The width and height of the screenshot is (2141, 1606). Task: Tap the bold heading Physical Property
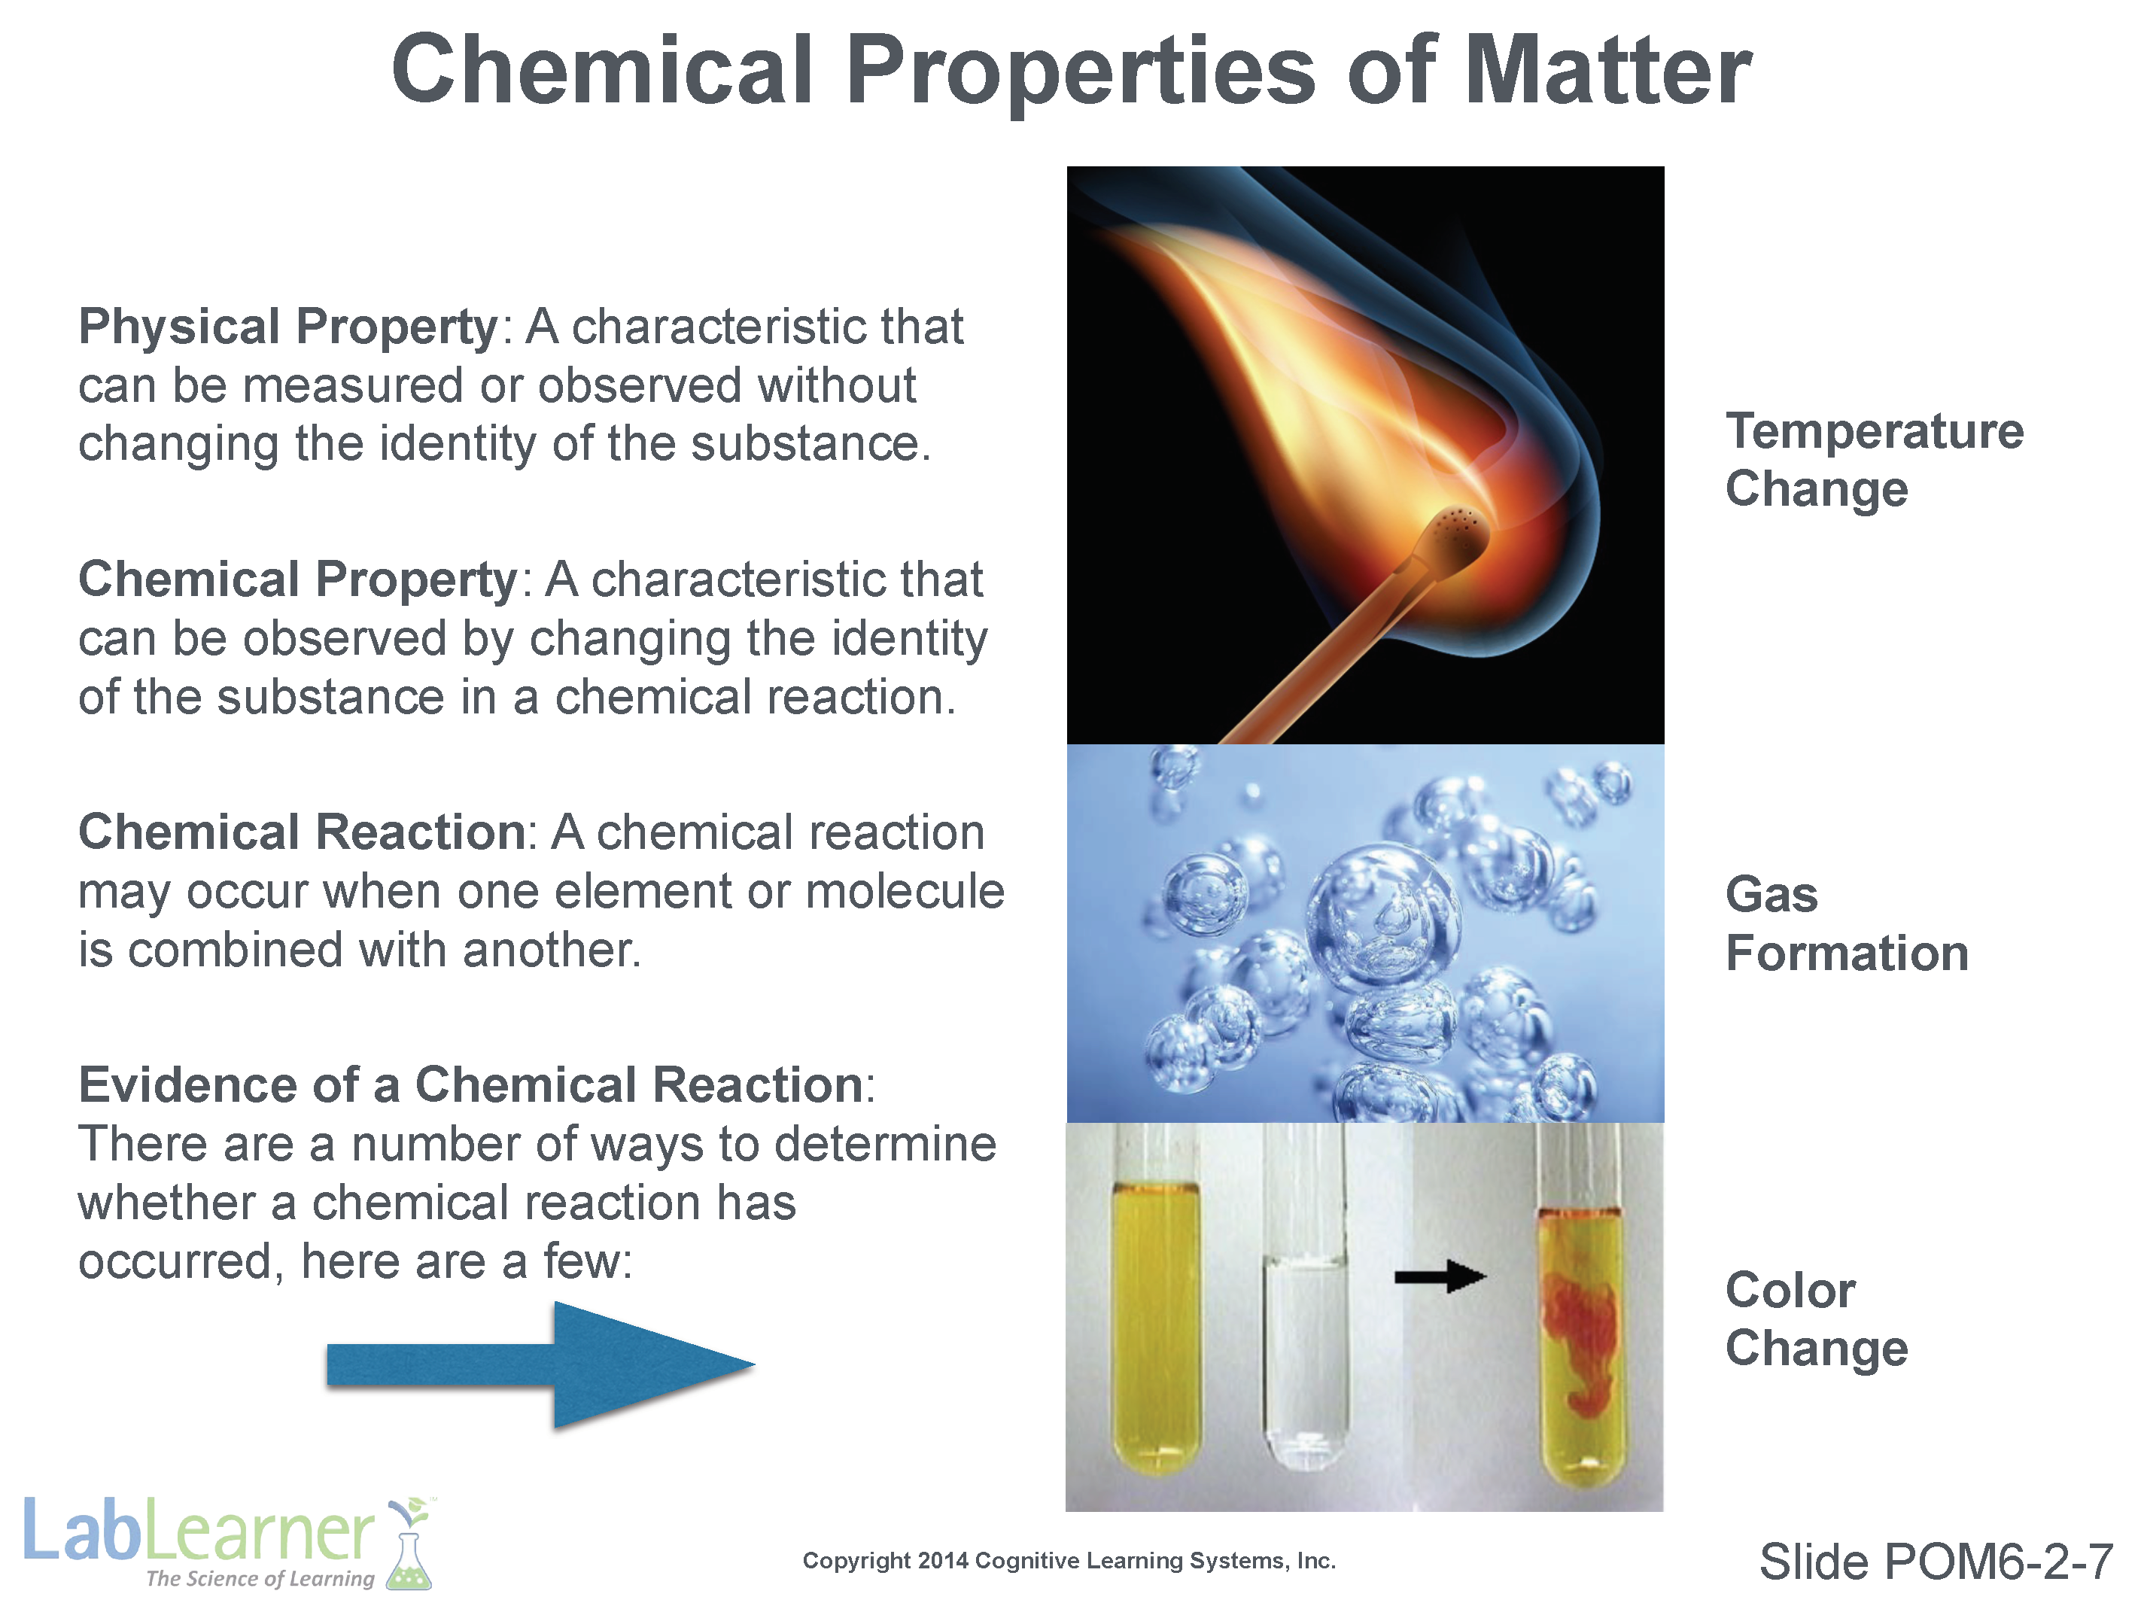(288, 326)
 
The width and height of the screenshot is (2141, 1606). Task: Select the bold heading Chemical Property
(298, 580)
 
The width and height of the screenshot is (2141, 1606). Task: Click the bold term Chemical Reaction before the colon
(302, 832)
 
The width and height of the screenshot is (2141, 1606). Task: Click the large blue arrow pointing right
(540, 1365)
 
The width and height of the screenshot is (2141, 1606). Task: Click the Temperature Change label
(1874, 459)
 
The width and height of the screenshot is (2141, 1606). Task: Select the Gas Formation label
(1847, 923)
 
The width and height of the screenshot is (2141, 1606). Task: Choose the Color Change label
(1817, 1319)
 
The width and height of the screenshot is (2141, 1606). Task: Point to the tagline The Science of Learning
(260, 1579)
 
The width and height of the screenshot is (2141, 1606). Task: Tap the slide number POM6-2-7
(1936, 1562)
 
